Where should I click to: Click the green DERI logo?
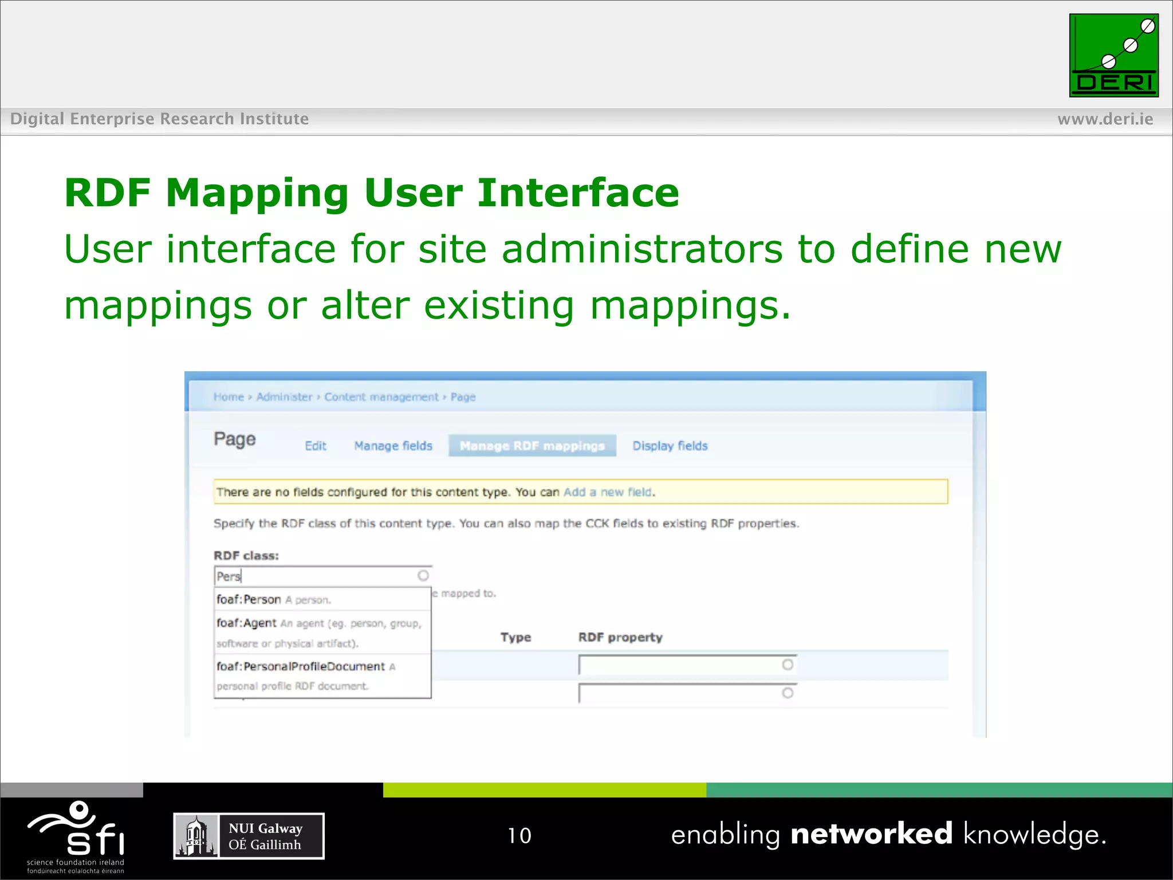[1113, 56]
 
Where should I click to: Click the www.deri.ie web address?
[1105, 119]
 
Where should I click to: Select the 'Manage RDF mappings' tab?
[532, 446]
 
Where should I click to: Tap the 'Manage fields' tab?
[393, 446]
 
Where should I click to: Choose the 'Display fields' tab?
[670, 446]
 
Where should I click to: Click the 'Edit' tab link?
[316, 446]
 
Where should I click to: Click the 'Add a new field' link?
[607, 492]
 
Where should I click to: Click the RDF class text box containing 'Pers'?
[315, 576]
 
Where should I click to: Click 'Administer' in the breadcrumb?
[284, 397]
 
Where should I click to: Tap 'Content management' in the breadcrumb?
[381, 397]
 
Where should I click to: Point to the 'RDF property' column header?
[620, 637]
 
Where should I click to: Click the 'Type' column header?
[515, 637]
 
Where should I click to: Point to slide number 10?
[519, 835]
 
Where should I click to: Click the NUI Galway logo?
[249, 836]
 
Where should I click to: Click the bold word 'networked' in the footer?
[871, 834]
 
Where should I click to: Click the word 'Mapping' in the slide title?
[257, 192]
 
